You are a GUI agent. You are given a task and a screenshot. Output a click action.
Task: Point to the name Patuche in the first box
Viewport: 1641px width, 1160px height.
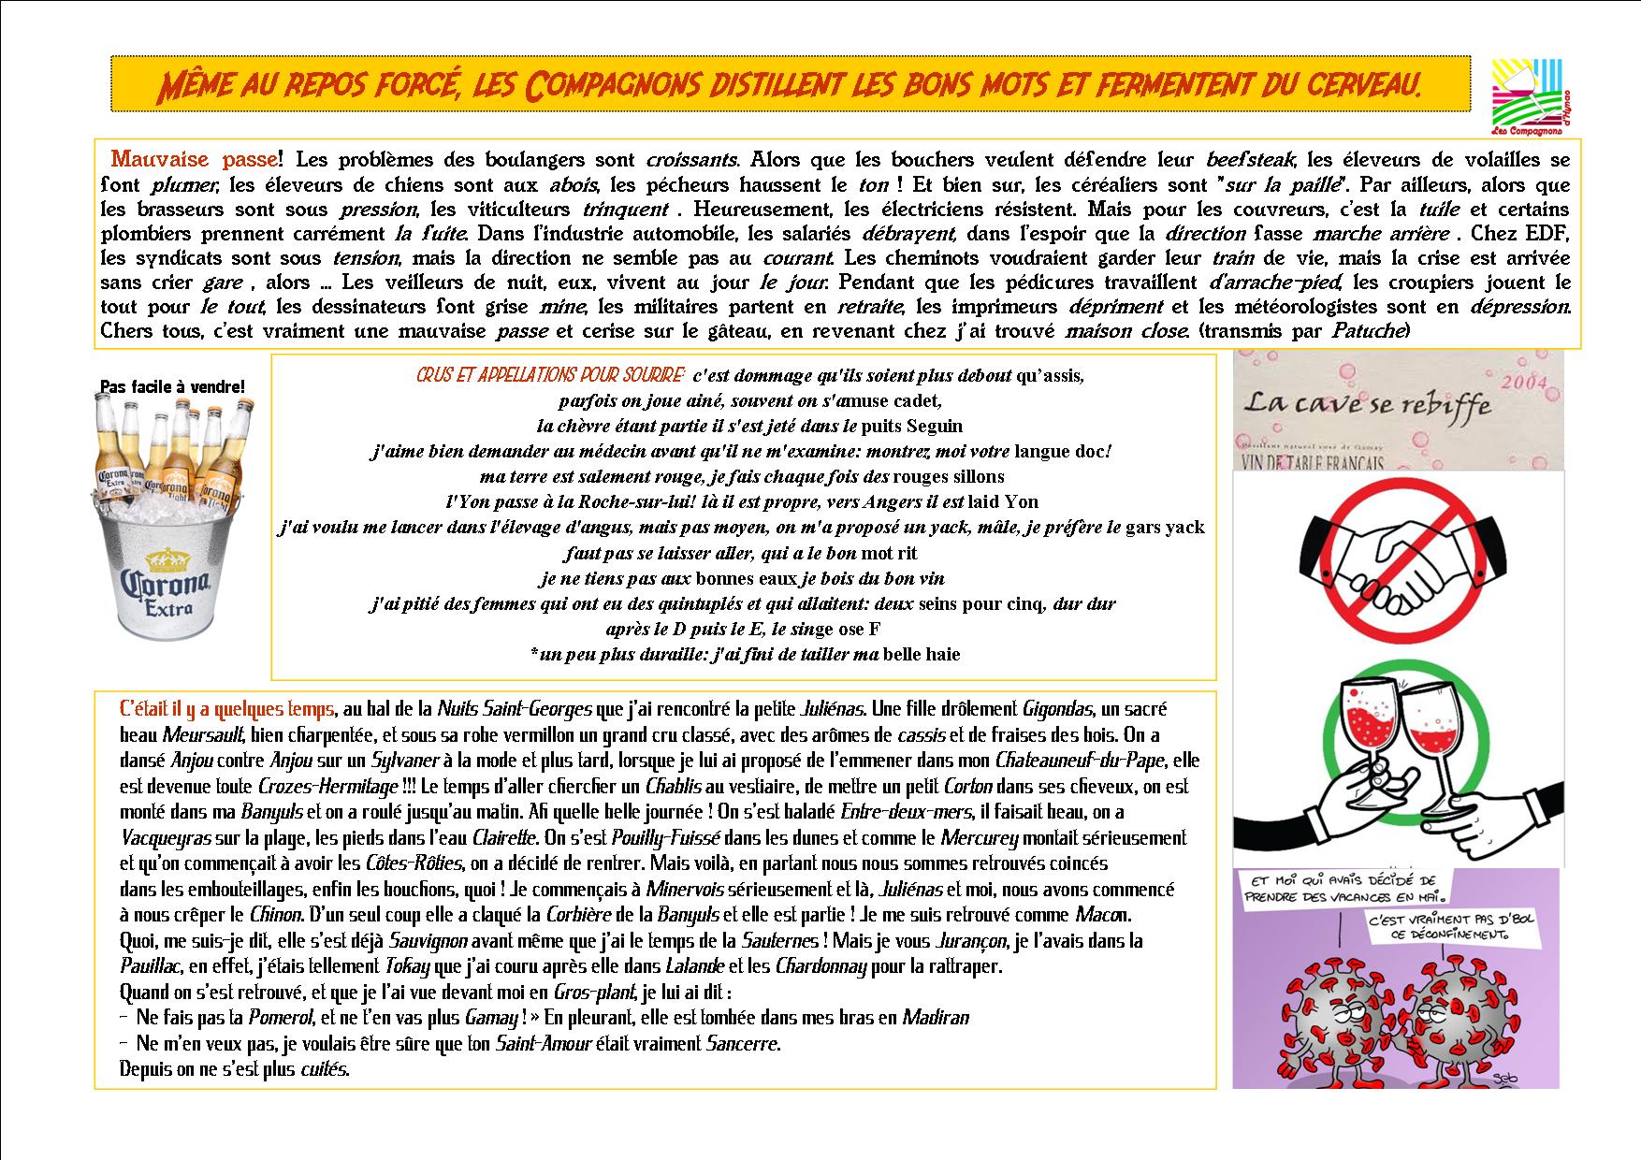tap(1366, 331)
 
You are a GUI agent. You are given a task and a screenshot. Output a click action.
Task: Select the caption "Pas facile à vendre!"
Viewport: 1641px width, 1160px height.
tap(172, 386)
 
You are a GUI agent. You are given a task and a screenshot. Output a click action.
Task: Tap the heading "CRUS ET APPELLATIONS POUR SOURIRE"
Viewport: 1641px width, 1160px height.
tap(551, 376)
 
